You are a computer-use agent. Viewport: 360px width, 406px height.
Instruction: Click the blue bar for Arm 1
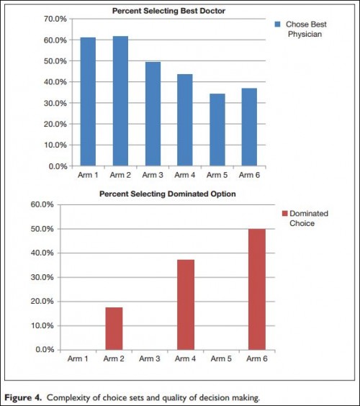coord(88,101)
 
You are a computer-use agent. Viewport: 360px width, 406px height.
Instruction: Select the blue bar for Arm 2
coord(120,101)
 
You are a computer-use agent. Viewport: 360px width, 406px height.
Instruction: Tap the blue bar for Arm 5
coord(217,130)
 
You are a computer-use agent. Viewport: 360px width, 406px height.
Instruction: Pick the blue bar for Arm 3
coord(153,114)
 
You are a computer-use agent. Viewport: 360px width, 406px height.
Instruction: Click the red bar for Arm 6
coord(257,289)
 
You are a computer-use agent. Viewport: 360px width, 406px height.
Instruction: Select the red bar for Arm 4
coord(186,304)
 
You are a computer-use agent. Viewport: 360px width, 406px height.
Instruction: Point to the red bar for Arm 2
coord(114,328)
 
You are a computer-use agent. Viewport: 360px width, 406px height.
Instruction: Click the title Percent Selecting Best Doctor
coord(168,11)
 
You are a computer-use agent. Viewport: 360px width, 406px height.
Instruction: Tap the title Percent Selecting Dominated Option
coord(168,194)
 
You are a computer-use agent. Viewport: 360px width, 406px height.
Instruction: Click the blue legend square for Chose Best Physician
coord(277,24)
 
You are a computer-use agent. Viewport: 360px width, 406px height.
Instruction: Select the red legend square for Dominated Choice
coord(284,213)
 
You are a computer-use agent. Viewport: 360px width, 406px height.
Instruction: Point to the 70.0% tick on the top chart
coord(55,19)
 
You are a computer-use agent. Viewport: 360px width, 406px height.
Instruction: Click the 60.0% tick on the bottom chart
coord(42,204)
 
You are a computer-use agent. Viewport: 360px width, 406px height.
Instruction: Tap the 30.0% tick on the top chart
coord(55,103)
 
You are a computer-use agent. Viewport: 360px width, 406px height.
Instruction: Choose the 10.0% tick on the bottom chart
coord(42,325)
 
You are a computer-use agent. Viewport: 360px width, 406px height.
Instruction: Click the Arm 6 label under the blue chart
coord(249,175)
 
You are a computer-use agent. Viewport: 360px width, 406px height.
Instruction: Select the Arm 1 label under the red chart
coord(78,358)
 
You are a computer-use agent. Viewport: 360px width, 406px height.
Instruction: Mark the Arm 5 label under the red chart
coord(221,358)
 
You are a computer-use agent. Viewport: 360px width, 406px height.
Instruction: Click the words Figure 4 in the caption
coord(23,397)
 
